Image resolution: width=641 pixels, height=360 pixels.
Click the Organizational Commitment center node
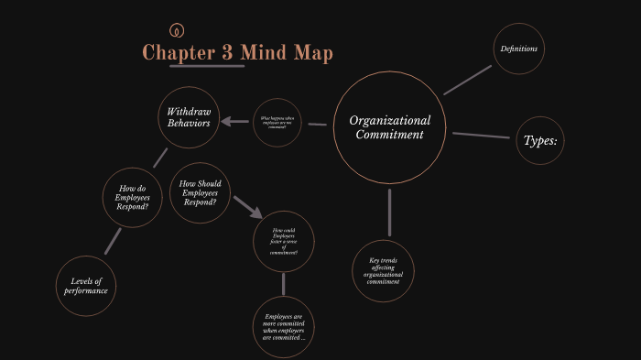click(x=390, y=127)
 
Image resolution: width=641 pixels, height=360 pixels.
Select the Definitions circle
click(x=518, y=49)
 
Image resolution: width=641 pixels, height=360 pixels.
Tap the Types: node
click(x=540, y=141)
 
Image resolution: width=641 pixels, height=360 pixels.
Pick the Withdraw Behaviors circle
click(x=189, y=117)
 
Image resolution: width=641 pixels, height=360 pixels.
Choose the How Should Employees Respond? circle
click(x=200, y=192)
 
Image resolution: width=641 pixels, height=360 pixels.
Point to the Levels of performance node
click(x=86, y=286)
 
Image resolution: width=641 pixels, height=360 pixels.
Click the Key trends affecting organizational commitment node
click(x=383, y=271)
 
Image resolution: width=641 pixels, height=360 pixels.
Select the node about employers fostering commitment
click(x=284, y=241)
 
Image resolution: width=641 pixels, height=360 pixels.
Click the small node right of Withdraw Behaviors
click(x=277, y=122)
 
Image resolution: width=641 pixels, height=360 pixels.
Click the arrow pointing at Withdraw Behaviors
click(x=235, y=122)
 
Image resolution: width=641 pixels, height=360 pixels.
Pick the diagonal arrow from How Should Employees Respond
click(x=247, y=205)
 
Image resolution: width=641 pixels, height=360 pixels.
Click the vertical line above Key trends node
click(x=390, y=212)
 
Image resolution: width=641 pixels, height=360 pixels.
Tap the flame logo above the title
click(x=176, y=29)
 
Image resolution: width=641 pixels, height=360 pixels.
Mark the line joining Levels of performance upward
click(x=113, y=241)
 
